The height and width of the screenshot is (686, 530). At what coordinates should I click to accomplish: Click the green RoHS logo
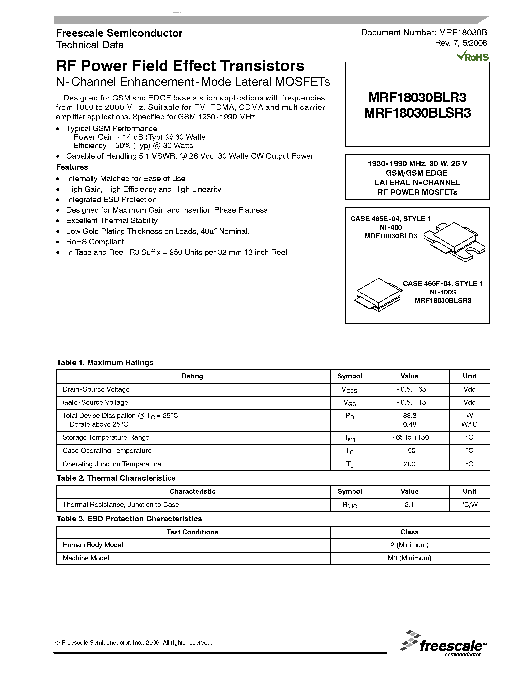pyautogui.click(x=473, y=56)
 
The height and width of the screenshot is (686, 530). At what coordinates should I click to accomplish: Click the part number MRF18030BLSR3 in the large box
pyautogui.click(x=417, y=113)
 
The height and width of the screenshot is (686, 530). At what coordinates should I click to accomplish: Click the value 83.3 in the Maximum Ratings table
pyautogui.click(x=409, y=415)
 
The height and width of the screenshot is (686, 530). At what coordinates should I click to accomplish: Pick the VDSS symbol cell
pyautogui.click(x=350, y=390)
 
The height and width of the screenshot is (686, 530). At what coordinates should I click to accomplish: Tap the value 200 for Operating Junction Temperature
pyautogui.click(x=409, y=464)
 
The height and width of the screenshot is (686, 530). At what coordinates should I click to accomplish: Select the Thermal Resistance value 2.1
pyautogui.click(x=409, y=505)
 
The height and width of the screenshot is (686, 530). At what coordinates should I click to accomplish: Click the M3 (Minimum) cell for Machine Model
pyautogui.click(x=409, y=558)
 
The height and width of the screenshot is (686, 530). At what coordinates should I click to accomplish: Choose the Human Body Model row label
pyautogui.click(x=93, y=545)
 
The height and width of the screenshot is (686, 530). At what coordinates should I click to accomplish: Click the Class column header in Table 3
pyautogui.click(x=409, y=532)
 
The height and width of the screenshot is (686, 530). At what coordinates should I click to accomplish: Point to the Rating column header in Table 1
pyautogui.click(x=192, y=376)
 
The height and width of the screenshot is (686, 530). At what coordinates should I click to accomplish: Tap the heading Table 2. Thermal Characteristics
pyautogui.click(x=116, y=478)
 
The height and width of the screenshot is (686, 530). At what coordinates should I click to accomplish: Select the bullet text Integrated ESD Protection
pyautogui.click(x=111, y=200)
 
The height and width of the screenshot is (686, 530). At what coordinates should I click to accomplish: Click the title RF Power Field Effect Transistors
pyautogui.click(x=180, y=66)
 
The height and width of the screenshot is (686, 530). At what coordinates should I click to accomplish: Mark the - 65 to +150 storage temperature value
pyautogui.click(x=410, y=437)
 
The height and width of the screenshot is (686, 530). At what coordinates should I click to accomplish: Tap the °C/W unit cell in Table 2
pyautogui.click(x=469, y=505)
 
